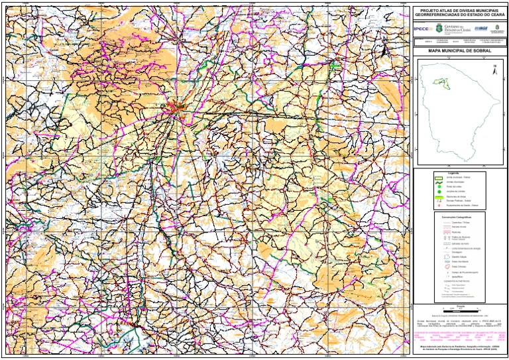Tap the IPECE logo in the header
[x=422, y=29]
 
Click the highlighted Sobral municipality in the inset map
[x=437, y=82]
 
